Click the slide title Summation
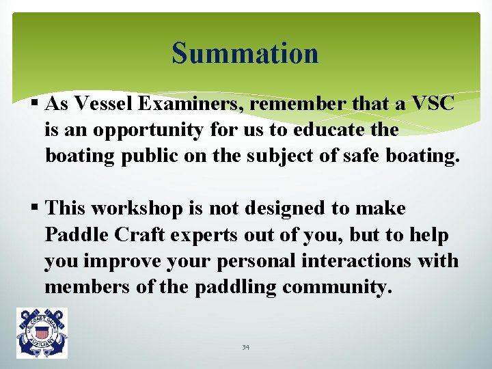coord(245,53)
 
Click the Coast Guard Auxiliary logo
coord(42,333)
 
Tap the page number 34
coord(245,347)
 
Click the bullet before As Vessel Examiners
coord(35,104)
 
